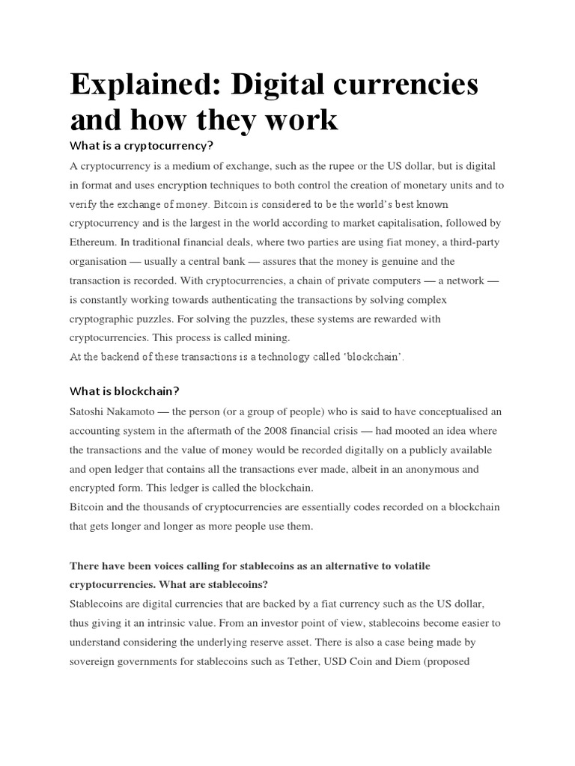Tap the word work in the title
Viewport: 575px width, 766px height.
[299, 119]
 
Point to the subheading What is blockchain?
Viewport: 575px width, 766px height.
[124, 390]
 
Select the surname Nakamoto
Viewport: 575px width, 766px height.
[145, 411]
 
